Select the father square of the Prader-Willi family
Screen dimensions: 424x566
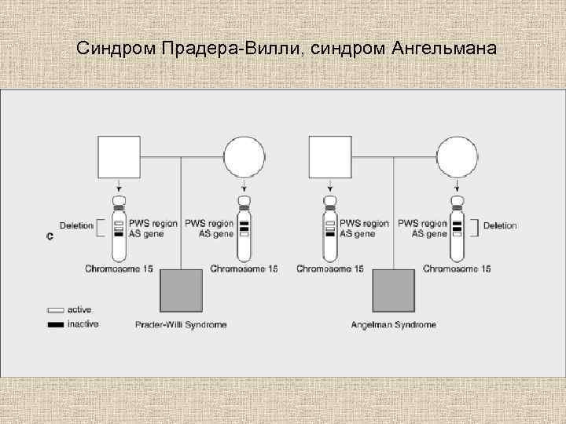pyautogui.click(x=119, y=157)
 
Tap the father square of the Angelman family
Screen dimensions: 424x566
pyautogui.click(x=330, y=157)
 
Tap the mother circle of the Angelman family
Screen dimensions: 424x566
pyautogui.click(x=458, y=157)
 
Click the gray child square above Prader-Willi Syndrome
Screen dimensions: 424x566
pyautogui.click(x=182, y=291)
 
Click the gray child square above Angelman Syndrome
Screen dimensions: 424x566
pyautogui.click(x=394, y=291)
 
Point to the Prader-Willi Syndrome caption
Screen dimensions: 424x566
pyautogui.click(x=181, y=325)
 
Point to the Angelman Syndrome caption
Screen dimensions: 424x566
pyautogui.click(x=394, y=325)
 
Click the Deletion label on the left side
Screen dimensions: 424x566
pyautogui.click(x=75, y=226)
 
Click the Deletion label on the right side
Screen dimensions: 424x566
pyautogui.click(x=500, y=226)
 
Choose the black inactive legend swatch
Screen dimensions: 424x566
pyautogui.click(x=56, y=324)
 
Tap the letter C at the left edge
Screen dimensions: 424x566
pyautogui.click(x=50, y=236)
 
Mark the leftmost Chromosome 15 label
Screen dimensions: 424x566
pyautogui.click(x=119, y=269)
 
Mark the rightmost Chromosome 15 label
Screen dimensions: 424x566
pyautogui.click(x=457, y=269)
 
